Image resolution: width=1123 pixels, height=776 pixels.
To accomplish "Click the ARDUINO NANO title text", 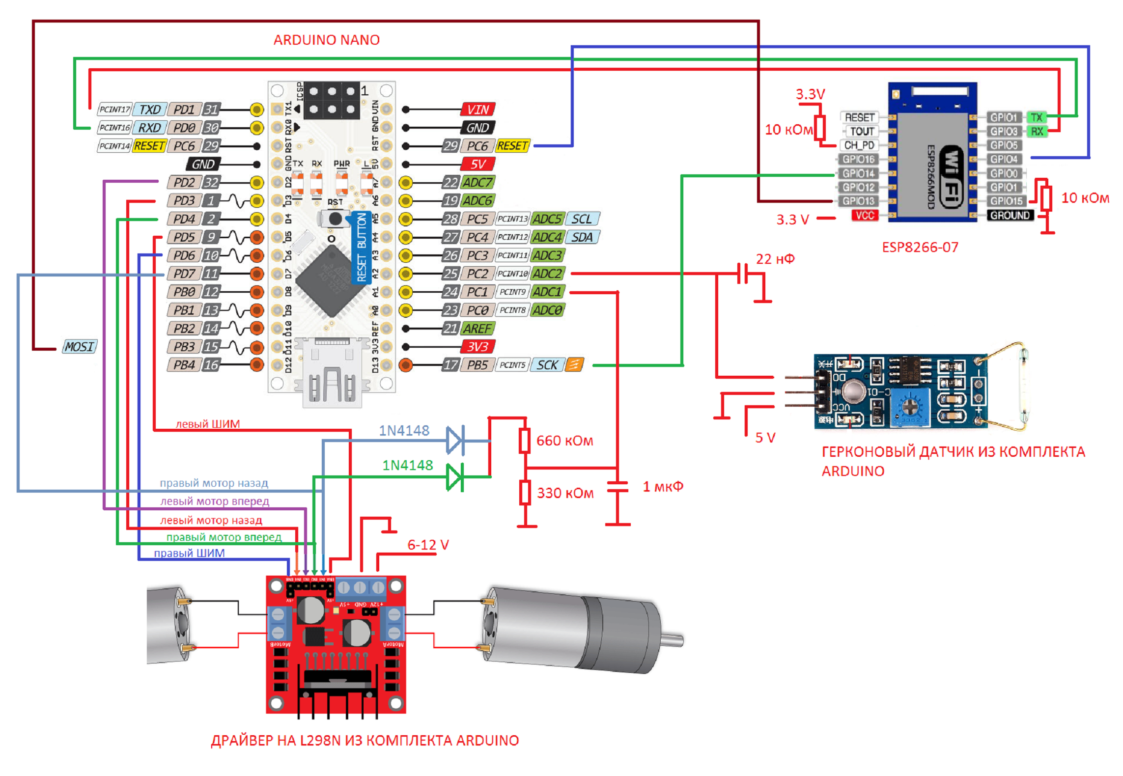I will tap(326, 40).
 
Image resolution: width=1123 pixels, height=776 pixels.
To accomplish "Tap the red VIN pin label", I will tap(477, 110).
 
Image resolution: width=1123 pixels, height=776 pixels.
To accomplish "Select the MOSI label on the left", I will tap(79, 347).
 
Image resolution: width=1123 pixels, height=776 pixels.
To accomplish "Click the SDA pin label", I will tap(582, 237).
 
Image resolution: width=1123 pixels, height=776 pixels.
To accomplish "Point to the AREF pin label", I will tap(477, 329).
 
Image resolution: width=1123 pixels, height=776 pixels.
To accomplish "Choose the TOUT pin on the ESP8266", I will tap(862, 131).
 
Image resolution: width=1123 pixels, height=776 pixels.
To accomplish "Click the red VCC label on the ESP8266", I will tap(865, 215).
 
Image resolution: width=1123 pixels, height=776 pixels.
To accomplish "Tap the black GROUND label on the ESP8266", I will tap(1010, 215).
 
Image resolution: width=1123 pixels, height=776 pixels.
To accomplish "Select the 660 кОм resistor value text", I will tap(564, 441).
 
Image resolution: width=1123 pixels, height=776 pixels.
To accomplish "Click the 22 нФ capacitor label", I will tap(775, 259).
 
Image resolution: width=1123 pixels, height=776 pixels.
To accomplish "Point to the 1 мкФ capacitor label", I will tap(663, 487).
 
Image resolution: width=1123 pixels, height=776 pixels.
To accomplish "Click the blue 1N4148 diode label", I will tap(404, 431).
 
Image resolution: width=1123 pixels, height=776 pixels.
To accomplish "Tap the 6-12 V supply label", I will tap(428, 545).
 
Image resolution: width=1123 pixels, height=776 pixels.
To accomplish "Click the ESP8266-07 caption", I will tap(920, 247).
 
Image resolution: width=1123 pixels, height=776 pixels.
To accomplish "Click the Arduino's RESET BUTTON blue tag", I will tap(362, 248).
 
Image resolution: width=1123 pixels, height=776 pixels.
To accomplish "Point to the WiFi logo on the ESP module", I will tap(951, 177).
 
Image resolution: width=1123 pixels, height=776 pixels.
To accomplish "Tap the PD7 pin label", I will tap(184, 274).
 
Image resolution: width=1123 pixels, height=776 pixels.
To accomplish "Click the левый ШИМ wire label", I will tap(208, 424).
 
